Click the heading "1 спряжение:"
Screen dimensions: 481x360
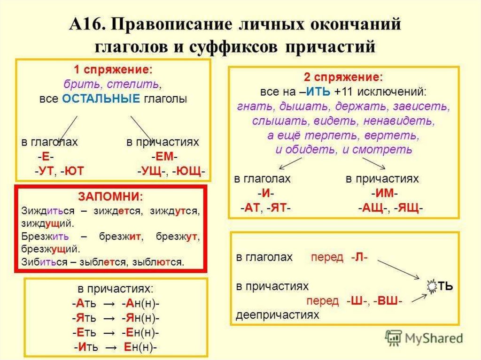[113, 70]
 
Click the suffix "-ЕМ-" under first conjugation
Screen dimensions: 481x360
[165, 157]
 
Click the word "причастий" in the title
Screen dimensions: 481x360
[332, 47]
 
